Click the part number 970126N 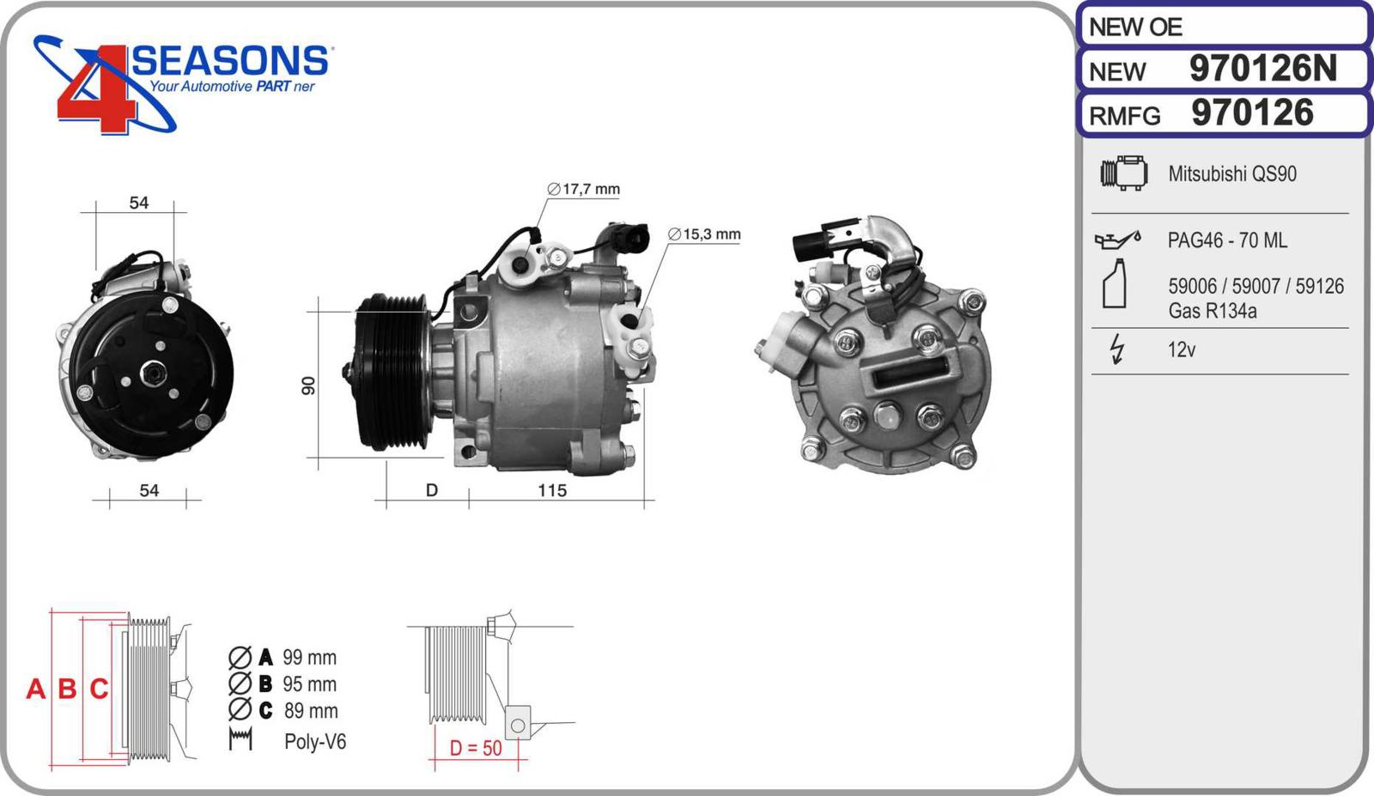(1262, 68)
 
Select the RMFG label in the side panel (1124, 116)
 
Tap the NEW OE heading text (1134, 27)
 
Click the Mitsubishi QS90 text (1231, 173)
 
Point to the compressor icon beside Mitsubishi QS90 (1124, 173)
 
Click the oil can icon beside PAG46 (1117, 240)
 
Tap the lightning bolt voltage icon (1117, 349)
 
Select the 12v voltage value (1182, 349)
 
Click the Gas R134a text (1212, 311)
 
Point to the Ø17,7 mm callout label (583, 189)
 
